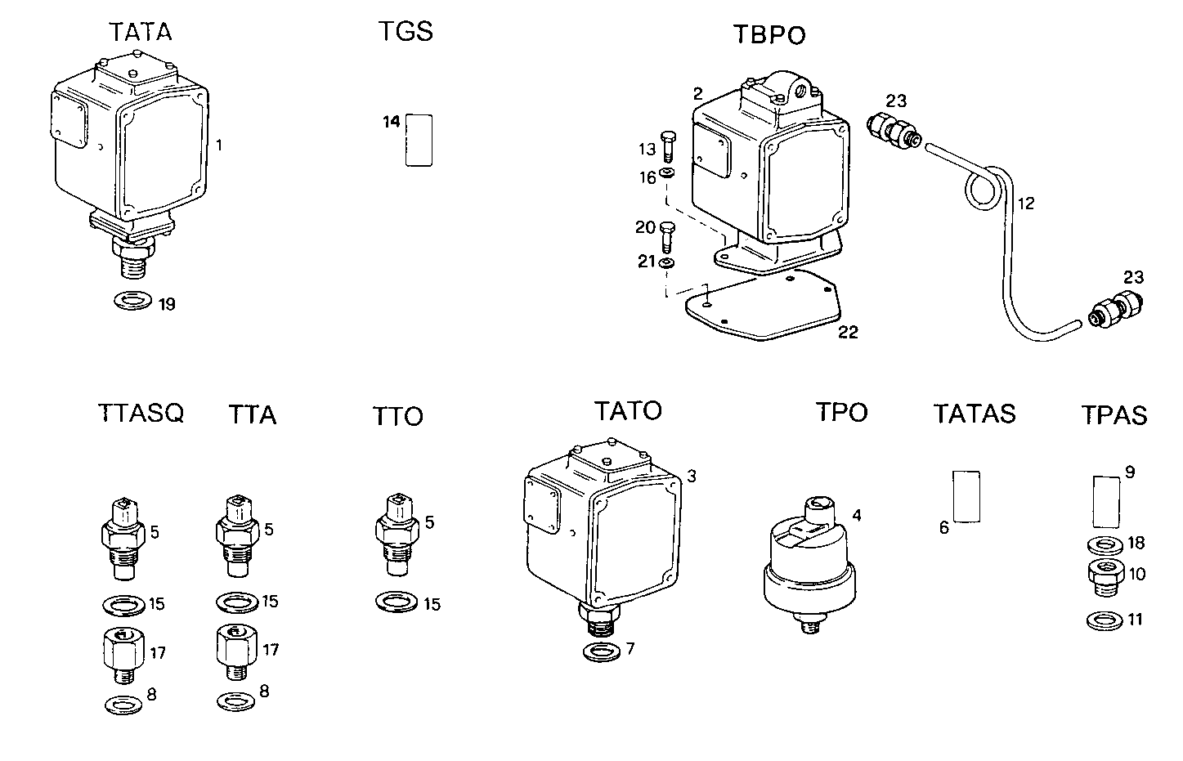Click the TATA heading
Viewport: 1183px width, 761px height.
click(141, 32)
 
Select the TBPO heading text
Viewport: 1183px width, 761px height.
click(769, 35)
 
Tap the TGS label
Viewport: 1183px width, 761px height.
click(406, 32)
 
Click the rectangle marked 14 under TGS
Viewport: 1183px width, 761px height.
click(419, 140)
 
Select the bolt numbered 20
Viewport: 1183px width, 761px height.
click(667, 236)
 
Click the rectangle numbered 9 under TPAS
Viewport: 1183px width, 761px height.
click(1106, 501)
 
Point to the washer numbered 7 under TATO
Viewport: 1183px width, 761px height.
click(602, 652)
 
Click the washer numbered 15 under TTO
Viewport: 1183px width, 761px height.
click(396, 602)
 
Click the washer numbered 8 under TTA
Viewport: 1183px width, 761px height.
click(235, 701)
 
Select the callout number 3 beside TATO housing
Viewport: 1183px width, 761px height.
click(692, 476)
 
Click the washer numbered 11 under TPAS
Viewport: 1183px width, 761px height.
click(1105, 620)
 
